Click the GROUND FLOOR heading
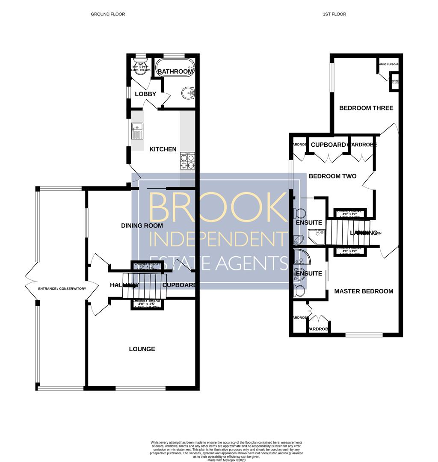click(108, 14)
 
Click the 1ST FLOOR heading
click(334, 14)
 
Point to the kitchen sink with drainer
click(137, 131)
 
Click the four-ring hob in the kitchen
click(187, 160)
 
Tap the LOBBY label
click(145, 94)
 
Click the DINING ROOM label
click(142, 225)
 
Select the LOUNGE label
click(142, 349)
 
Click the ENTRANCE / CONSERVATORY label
click(62, 289)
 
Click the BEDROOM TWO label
click(333, 176)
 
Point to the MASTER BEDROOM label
click(364, 291)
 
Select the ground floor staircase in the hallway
click(144, 286)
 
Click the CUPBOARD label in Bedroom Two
click(328, 145)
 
